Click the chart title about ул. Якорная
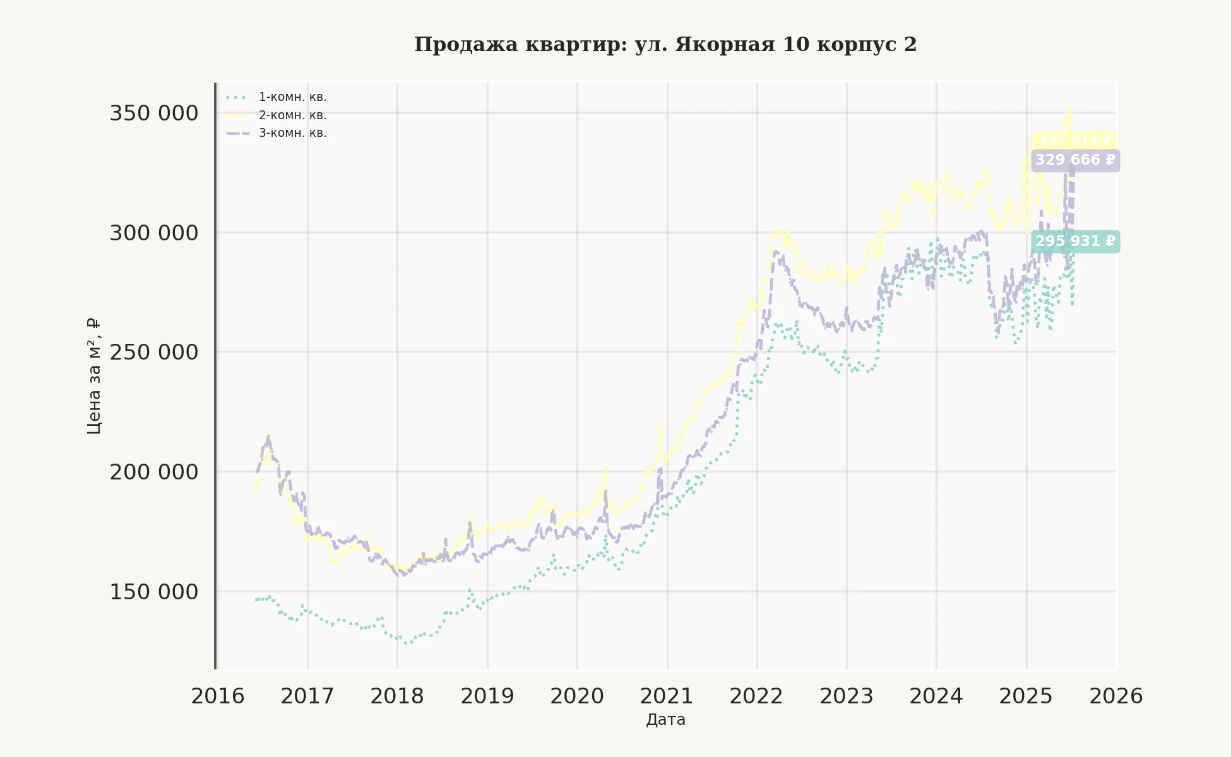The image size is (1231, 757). pyautogui.click(x=665, y=45)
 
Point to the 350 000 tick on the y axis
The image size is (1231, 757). pyautogui.click(x=154, y=114)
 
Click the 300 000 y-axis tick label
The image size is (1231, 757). pyautogui.click(x=154, y=233)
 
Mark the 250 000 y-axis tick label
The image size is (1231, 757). pyautogui.click(x=154, y=352)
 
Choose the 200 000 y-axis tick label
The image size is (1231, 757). pyautogui.click(x=154, y=472)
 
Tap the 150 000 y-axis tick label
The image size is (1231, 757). pyautogui.click(x=154, y=592)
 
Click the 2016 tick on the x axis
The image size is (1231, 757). pyautogui.click(x=218, y=696)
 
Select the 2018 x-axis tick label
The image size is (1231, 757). pyautogui.click(x=397, y=696)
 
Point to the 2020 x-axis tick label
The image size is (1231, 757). pyautogui.click(x=577, y=696)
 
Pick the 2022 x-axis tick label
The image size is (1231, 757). pyautogui.click(x=756, y=696)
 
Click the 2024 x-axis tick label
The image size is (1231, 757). pyautogui.click(x=936, y=696)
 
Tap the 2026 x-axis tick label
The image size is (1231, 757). pyautogui.click(x=1116, y=696)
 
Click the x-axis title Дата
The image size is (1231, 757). pyautogui.click(x=665, y=720)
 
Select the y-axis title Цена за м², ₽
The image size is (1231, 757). pyautogui.click(x=94, y=376)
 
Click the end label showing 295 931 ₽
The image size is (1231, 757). pyautogui.click(x=1075, y=242)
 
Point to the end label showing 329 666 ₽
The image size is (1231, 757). pyautogui.click(x=1075, y=160)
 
